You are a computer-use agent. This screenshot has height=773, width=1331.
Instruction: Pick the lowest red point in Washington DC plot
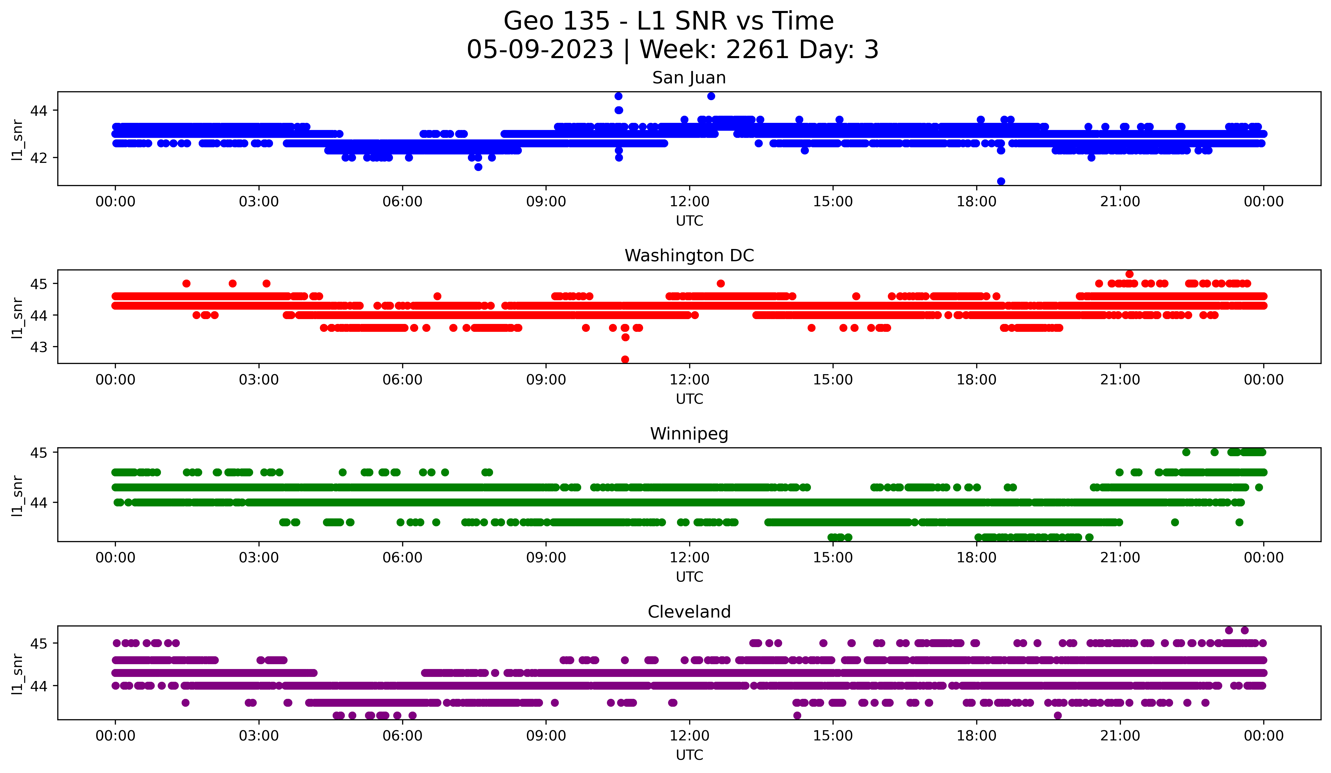(625, 359)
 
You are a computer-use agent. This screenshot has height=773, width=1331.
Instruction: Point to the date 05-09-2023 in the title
(540, 50)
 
